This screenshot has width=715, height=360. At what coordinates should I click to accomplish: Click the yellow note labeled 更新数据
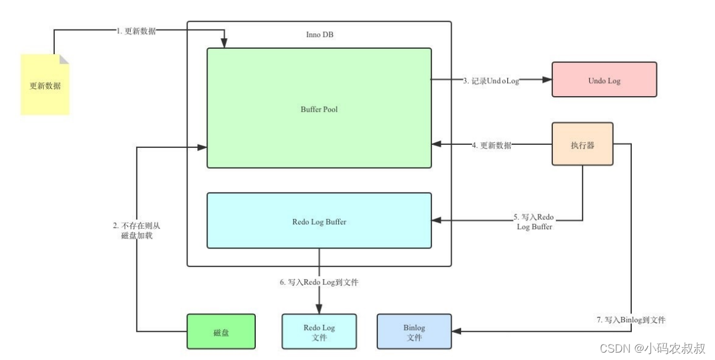tap(45, 85)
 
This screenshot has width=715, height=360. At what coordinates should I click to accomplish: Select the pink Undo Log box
tap(604, 80)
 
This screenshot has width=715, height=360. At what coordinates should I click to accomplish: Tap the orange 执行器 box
tap(582, 144)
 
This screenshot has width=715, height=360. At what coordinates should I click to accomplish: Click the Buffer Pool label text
tap(319, 110)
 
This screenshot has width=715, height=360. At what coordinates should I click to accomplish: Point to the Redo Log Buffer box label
tap(319, 221)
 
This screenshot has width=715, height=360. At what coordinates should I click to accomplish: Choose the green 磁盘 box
tap(221, 332)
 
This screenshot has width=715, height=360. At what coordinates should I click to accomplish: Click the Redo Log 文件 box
tap(319, 332)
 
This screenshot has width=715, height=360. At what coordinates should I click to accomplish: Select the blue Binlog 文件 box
tap(414, 332)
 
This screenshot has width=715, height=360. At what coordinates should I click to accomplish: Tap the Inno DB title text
tap(319, 35)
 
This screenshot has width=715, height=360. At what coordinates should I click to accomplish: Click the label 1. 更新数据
tap(136, 31)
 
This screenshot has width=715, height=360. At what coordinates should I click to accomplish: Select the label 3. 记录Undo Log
tap(491, 80)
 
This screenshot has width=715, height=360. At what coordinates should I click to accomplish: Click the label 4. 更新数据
tap(491, 146)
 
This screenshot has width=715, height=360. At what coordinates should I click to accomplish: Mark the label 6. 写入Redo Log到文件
tap(319, 282)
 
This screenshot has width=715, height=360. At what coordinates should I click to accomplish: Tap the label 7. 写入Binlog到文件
tap(631, 320)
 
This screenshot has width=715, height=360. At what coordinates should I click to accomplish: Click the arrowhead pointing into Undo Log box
tap(546, 80)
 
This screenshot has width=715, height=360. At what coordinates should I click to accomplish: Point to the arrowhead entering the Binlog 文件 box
tap(457, 331)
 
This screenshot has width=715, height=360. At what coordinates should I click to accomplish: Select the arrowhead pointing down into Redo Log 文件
tap(319, 309)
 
